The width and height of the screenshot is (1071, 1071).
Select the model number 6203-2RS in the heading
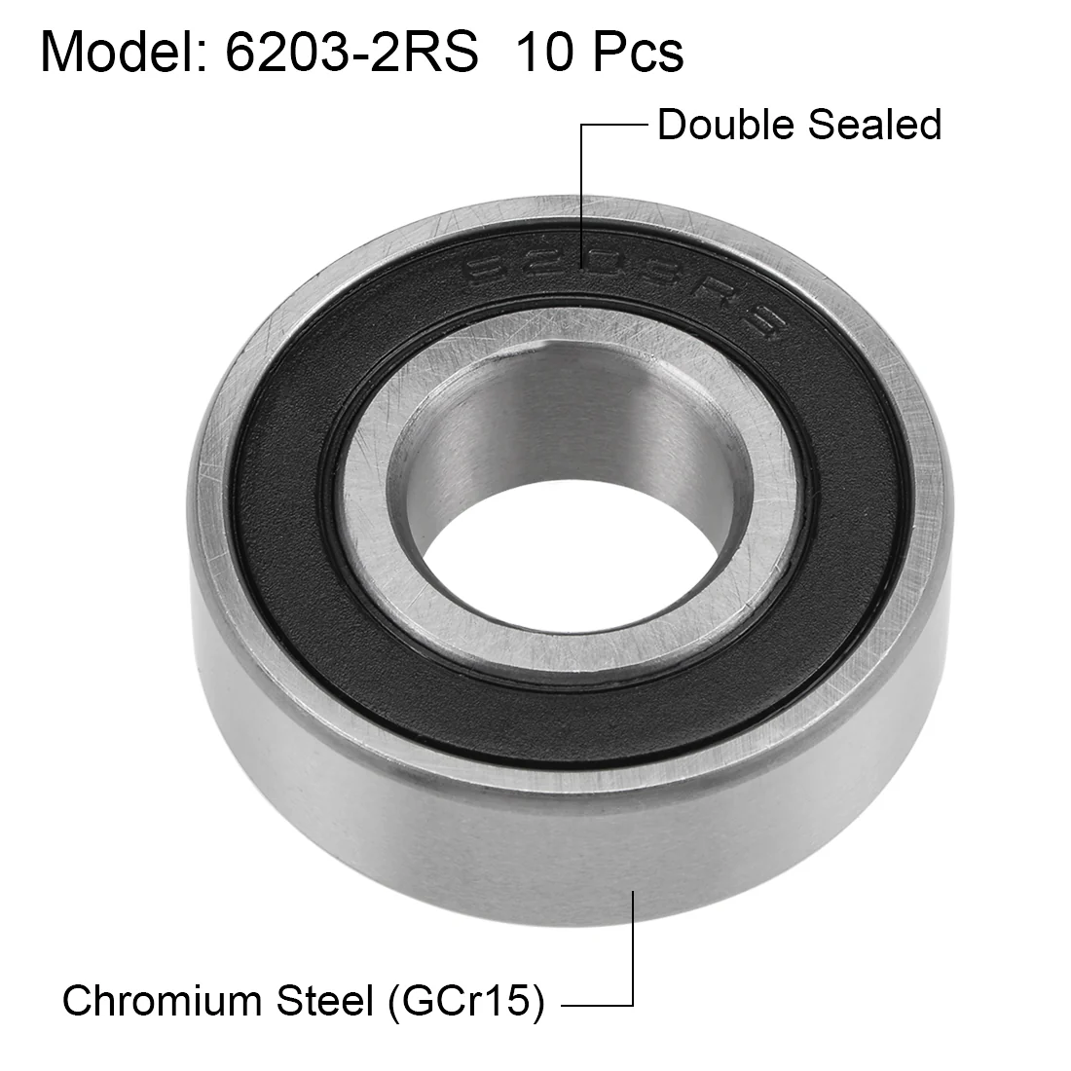click(x=351, y=52)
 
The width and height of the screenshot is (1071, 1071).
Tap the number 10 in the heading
click(x=544, y=52)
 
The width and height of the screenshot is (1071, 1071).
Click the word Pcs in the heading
click(x=638, y=52)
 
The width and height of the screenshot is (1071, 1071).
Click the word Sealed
click(x=874, y=125)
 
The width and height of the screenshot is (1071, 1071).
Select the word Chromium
click(x=163, y=1001)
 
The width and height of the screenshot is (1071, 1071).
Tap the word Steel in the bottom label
click(x=324, y=1001)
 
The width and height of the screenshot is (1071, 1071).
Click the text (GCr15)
click(x=466, y=1002)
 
